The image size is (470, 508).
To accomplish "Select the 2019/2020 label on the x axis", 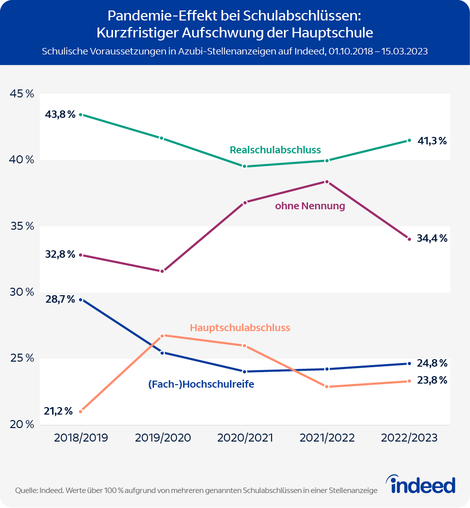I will coord(163,438).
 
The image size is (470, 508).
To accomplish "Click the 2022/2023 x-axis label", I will coord(409,438).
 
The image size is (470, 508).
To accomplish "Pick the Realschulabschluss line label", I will coord(275,150).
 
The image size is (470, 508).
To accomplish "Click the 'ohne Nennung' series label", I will coord(310,206).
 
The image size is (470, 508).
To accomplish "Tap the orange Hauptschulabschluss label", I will coord(240,328).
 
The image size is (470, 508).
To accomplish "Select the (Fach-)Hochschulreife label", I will coord(201,385).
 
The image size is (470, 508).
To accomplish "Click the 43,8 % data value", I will coord(60,114).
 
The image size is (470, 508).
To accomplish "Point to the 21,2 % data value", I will coord(59,412).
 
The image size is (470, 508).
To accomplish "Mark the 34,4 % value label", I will coord(432,238).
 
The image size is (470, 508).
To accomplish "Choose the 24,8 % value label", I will coord(432,363).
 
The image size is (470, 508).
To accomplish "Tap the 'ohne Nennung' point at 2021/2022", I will coord(327,182).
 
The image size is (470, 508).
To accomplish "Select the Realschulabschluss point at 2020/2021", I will coord(244,166).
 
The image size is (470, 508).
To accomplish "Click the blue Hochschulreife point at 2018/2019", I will coord(80,300).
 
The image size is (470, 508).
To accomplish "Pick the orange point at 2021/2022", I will coord(327,387).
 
